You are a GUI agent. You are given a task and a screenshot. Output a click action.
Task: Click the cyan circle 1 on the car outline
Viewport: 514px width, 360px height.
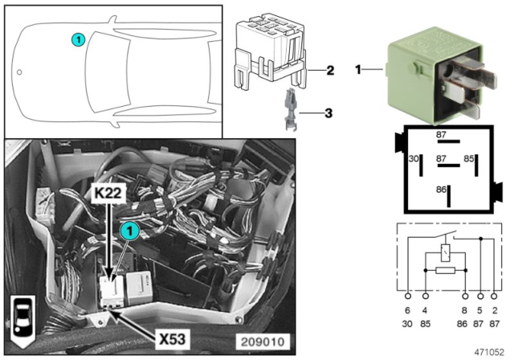point(77,38)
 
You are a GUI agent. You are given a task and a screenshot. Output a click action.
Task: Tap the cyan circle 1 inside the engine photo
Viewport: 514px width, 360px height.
point(128,231)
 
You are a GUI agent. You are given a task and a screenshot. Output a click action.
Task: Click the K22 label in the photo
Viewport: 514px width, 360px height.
point(109,194)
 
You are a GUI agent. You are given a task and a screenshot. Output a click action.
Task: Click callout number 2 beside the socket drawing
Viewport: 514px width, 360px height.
point(330,71)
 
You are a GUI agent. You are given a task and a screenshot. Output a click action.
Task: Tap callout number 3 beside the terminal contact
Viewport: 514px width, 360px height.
point(330,113)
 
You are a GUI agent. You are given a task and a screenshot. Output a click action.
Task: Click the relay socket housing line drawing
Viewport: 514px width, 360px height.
point(271,52)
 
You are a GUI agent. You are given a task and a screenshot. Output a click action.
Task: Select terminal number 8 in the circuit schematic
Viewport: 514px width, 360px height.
point(464,309)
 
